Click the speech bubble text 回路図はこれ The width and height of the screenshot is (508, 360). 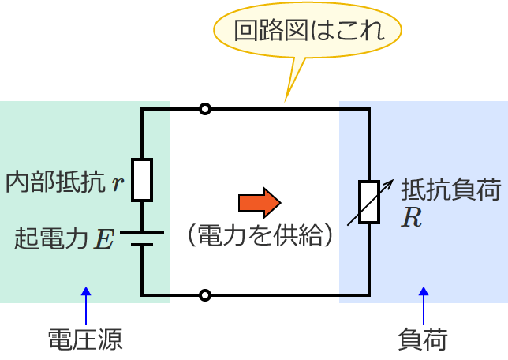tap(308, 31)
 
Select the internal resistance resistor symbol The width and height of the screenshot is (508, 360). tap(142, 180)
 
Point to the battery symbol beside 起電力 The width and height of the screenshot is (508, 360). tap(142, 238)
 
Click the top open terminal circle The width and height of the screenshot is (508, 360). tap(205, 109)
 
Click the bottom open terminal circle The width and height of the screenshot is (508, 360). tap(205, 295)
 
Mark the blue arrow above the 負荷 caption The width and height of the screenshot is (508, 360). tap(424, 304)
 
